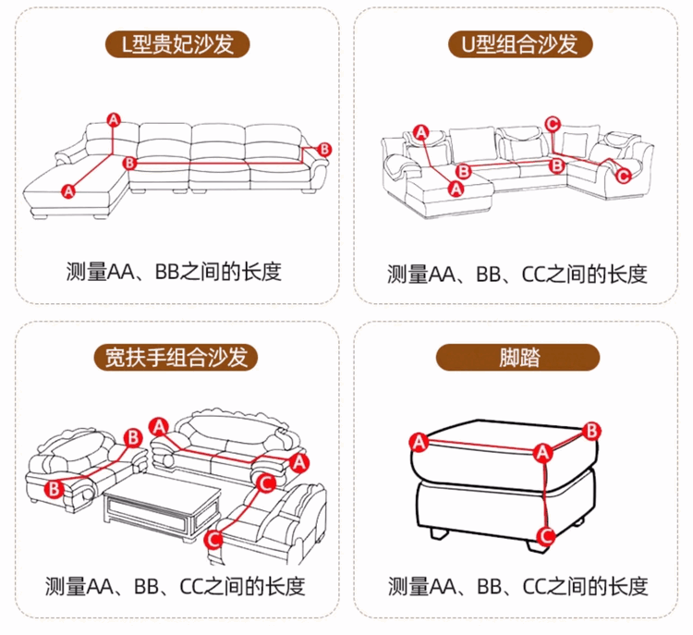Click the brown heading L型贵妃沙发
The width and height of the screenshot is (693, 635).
[176, 43]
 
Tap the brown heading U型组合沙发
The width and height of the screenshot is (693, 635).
[518, 43]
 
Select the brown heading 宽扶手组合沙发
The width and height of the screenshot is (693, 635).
[176, 357]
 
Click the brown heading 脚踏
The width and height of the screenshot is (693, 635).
[518, 357]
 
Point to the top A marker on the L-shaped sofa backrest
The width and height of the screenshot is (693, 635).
[114, 119]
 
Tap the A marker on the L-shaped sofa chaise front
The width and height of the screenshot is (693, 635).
[67, 190]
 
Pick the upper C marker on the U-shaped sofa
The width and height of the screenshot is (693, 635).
[553, 123]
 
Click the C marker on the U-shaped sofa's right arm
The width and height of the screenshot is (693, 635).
[622, 174]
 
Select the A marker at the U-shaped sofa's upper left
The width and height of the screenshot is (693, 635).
[421, 132]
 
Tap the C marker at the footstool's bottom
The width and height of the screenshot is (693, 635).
[545, 534]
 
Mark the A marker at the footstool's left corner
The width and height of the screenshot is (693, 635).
[419, 442]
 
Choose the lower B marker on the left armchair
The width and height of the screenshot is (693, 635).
[54, 488]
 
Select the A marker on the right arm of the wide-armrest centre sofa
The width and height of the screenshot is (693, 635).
[298, 460]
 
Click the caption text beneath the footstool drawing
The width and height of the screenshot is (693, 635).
[517, 586]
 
